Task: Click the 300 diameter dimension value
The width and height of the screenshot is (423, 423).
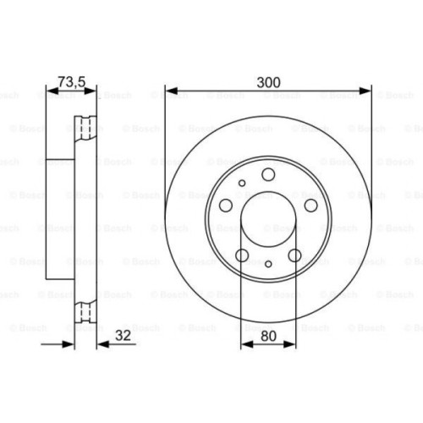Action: pyautogui.click(x=268, y=82)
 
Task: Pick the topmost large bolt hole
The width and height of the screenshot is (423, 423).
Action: pyautogui.click(x=268, y=175)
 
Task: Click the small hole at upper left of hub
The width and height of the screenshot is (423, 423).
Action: pyautogui.click(x=242, y=183)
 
